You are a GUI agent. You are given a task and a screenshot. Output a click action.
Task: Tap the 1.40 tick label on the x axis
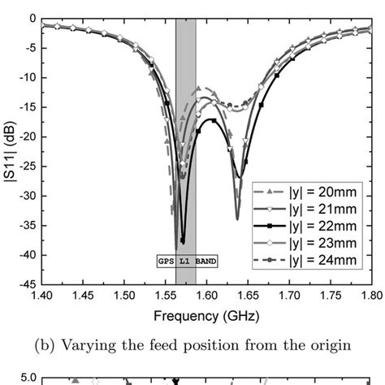[x=41, y=296]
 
